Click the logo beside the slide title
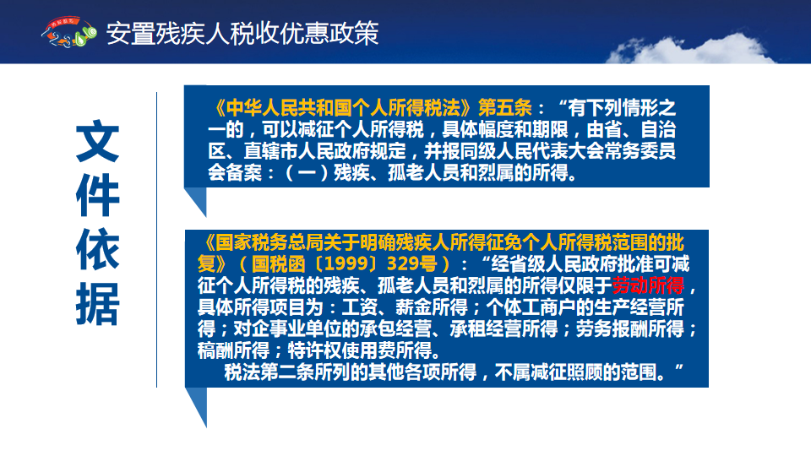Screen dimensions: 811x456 pyautogui.click(x=68, y=32)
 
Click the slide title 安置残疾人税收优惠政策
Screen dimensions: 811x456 pyautogui.click(x=242, y=34)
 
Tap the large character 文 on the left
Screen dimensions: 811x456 pyautogui.click(x=98, y=141)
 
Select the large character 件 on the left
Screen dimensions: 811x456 pyautogui.click(x=98, y=195)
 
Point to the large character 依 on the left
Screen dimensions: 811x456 pyautogui.click(x=98, y=249)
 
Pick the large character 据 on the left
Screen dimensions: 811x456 pyautogui.click(x=98, y=303)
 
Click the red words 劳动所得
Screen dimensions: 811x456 pyautogui.click(x=648, y=285)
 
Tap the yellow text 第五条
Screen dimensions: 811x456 pyautogui.click(x=505, y=108)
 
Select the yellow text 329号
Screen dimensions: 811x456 pyautogui.click(x=412, y=263)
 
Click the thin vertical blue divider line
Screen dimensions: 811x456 pyautogui.click(x=156, y=239)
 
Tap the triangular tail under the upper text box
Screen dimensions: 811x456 pyautogui.click(x=195, y=202)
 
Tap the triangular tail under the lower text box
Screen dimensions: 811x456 pyautogui.click(x=196, y=407)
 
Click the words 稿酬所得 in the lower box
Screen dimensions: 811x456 pyautogui.click(x=233, y=350)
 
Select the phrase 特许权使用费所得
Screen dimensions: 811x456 pyautogui.click(x=360, y=350)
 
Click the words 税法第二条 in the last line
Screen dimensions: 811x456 pyautogui.click(x=269, y=372)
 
